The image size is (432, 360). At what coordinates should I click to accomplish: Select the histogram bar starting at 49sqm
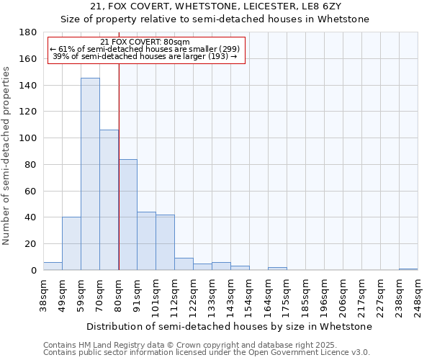(71, 243)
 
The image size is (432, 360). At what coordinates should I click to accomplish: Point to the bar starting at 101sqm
(165, 243)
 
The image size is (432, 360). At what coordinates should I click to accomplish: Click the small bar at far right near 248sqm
(408, 269)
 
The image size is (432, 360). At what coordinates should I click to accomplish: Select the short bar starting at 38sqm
(53, 266)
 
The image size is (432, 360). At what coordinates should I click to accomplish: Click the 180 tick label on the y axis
(28, 32)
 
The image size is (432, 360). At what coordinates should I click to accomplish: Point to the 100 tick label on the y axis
(28, 138)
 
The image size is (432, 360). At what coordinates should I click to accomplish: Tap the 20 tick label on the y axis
(31, 244)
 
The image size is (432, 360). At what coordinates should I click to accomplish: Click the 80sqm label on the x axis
(119, 295)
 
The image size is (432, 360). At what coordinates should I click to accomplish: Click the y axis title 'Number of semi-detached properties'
(7, 156)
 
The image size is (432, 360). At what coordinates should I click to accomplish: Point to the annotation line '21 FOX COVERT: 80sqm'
(145, 42)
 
